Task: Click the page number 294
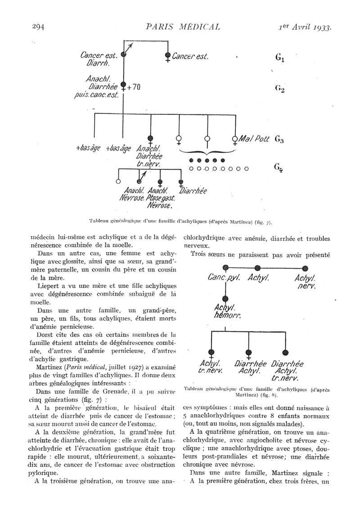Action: point(37,27)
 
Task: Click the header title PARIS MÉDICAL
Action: point(184,27)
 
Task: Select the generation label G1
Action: point(279,58)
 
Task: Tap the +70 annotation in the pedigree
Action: point(134,87)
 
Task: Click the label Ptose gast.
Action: point(161,198)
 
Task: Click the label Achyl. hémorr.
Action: point(225,312)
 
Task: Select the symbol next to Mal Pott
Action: point(235,139)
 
